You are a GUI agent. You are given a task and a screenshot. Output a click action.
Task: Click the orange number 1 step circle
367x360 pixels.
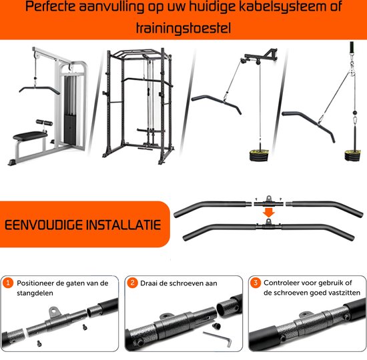(8, 283)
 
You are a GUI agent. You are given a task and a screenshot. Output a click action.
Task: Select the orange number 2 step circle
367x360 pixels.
(132, 283)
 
